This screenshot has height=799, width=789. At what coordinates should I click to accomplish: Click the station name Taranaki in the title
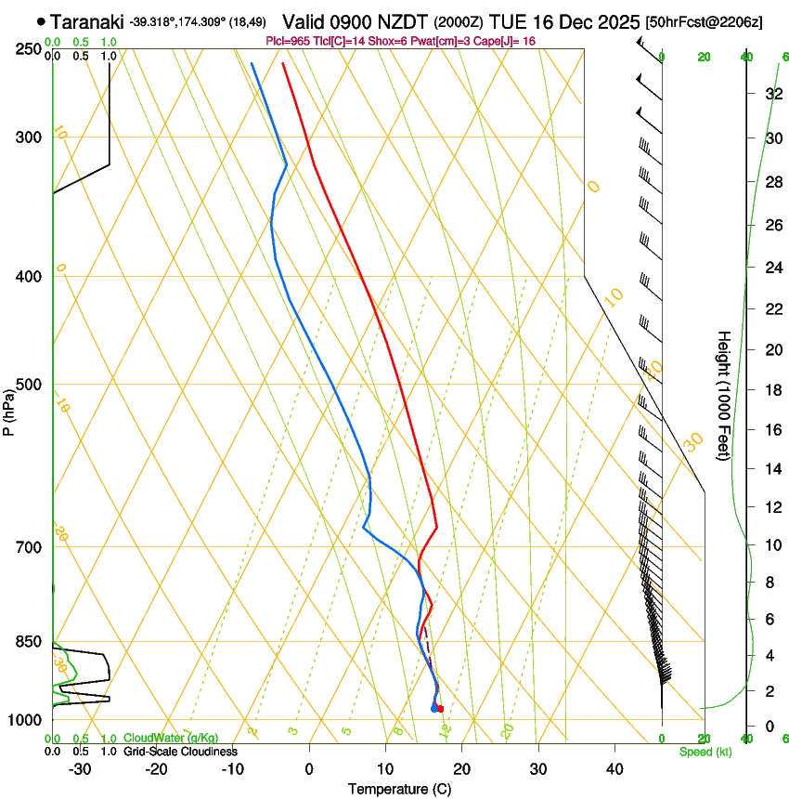[87, 21]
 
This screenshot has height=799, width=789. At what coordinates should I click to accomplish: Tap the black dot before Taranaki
[42, 21]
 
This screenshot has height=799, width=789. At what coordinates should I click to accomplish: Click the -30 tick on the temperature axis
[80, 768]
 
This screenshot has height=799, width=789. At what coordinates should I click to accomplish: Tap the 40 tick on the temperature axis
[614, 768]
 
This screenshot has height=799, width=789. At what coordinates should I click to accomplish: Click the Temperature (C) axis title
[399, 789]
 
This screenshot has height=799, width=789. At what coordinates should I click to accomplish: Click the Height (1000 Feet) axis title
[724, 395]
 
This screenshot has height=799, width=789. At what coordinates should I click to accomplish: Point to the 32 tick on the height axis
[772, 93]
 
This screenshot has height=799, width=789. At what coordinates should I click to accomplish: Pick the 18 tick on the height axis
[772, 389]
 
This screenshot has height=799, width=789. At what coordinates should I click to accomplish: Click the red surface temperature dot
[440, 709]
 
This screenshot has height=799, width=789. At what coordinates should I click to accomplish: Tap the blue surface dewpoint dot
[433, 709]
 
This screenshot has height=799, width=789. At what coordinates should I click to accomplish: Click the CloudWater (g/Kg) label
[171, 739]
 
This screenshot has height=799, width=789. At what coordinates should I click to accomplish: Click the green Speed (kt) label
[705, 752]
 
